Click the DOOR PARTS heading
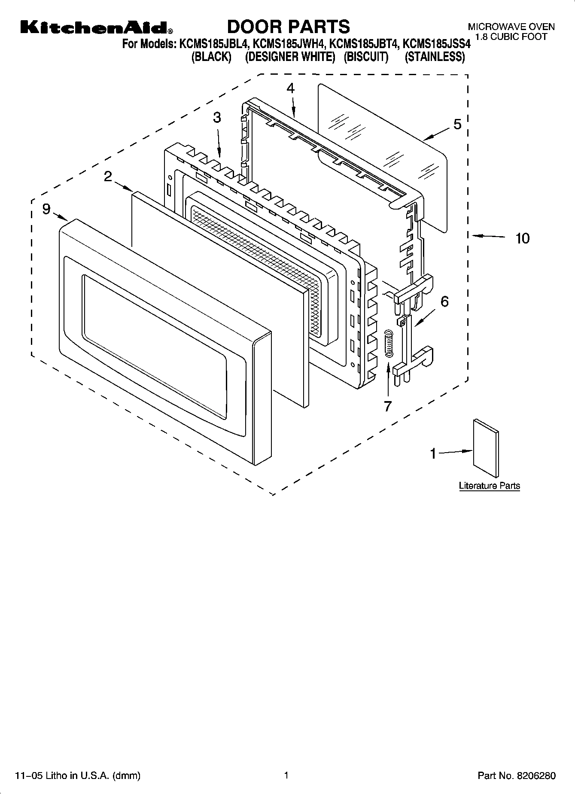(288, 27)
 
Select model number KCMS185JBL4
(213, 44)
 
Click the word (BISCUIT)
(365, 57)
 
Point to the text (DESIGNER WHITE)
(290, 57)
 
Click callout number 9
(46, 209)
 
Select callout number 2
(108, 176)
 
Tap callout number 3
(217, 117)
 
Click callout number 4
(291, 88)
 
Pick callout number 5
(457, 124)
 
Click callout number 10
(522, 238)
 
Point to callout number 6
(444, 301)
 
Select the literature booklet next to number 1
(487, 448)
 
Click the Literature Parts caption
(489, 486)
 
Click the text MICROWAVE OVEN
(511, 27)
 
